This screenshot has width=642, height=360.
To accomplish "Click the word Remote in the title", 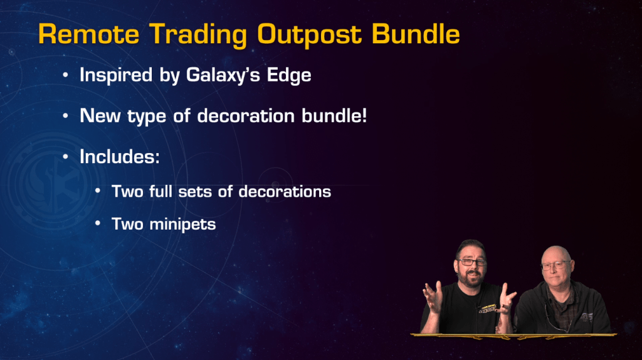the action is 89,34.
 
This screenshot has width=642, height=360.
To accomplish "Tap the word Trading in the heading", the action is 198,35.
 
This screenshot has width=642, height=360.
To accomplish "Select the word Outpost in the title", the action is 310,35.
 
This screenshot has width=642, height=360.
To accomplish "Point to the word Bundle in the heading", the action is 416,34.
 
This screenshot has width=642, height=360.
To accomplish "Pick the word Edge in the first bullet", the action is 289,76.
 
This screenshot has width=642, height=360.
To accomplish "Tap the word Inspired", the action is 116,76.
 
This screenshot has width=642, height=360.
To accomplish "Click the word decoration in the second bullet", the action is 246,116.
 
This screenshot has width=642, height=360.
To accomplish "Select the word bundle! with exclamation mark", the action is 334,116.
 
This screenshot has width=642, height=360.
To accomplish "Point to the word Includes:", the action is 120,156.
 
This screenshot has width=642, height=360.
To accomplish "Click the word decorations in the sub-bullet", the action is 285,192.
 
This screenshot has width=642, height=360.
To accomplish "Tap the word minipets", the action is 182,225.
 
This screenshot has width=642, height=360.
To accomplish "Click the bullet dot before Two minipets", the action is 97,223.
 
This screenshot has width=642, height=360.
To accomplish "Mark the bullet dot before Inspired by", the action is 65,75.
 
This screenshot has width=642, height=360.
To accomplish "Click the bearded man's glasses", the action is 472,262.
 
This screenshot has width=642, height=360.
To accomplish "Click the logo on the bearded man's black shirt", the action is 487,309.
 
